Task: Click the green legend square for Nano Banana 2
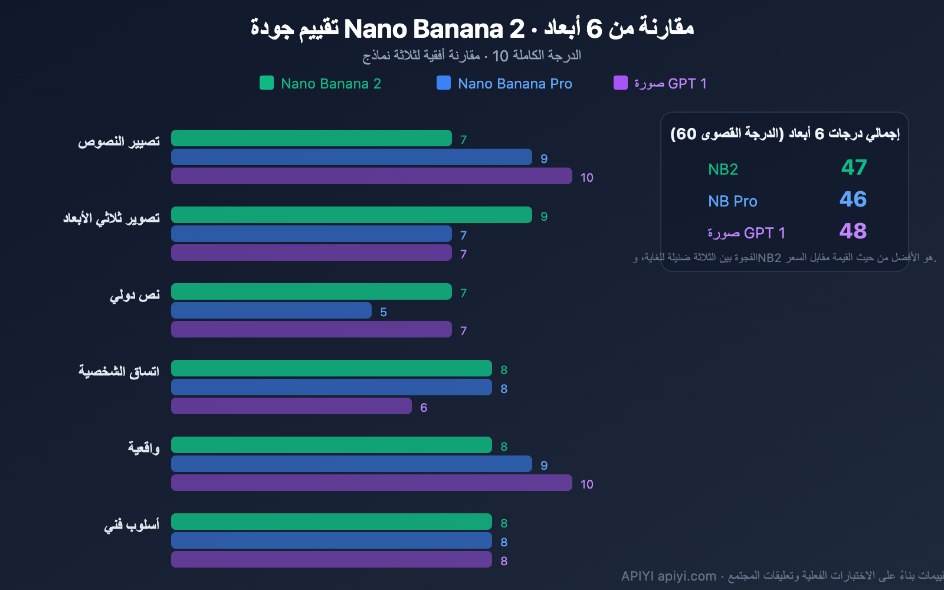[x=267, y=83]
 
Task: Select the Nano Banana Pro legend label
[x=514, y=84]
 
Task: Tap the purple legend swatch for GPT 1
[x=620, y=83]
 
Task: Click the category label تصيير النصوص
[x=119, y=142]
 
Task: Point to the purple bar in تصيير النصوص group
[x=372, y=176]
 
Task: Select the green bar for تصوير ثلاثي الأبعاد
[x=352, y=215]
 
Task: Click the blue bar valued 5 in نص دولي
[x=271, y=310]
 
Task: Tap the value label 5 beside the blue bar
[x=383, y=312]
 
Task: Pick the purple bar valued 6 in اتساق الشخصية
[x=291, y=406]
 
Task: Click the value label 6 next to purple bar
[x=424, y=408]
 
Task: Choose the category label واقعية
[x=143, y=448]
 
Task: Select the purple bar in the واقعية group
[x=372, y=483]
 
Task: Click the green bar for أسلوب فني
[x=332, y=522]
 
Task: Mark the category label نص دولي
[x=135, y=295]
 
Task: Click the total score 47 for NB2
[x=854, y=168]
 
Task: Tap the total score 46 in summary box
[x=853, y=199]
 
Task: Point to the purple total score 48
[x=853, y=231]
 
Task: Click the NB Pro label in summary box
[x=732, y=201]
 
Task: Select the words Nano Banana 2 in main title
[x=434, y=28]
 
